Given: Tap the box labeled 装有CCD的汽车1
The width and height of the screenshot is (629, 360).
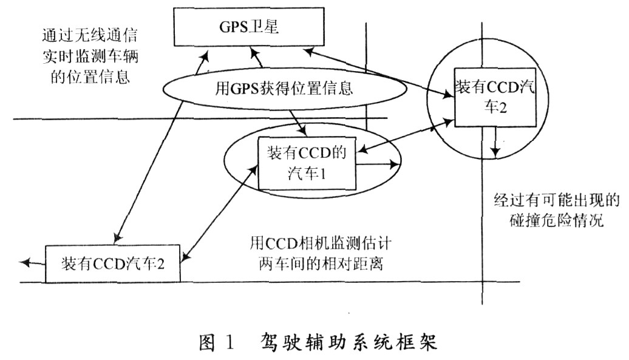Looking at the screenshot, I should [307, 163].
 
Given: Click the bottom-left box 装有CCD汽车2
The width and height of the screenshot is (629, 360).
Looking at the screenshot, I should [112, 263].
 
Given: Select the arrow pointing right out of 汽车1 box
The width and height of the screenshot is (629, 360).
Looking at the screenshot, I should [378, 163].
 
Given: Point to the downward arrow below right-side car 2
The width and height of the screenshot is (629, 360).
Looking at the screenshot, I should [496, 143].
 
